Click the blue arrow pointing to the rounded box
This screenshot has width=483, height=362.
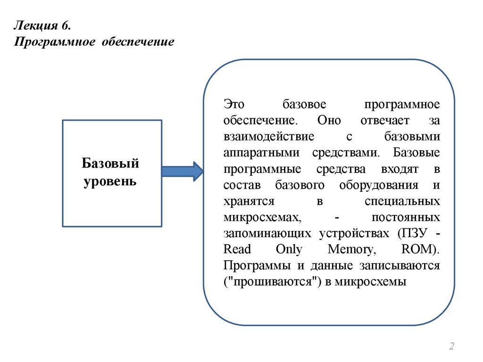[x=182, y=171]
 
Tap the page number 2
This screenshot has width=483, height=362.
[x=451, y=347]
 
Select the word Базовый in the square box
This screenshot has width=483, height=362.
[x=110, y=164]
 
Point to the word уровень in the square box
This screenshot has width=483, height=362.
[x=110, y=181]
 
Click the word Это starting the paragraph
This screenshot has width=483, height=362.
[x=234, y=105]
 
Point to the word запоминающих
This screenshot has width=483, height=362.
[x=267, y=233]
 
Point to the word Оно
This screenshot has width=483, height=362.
[x=329, y=121]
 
